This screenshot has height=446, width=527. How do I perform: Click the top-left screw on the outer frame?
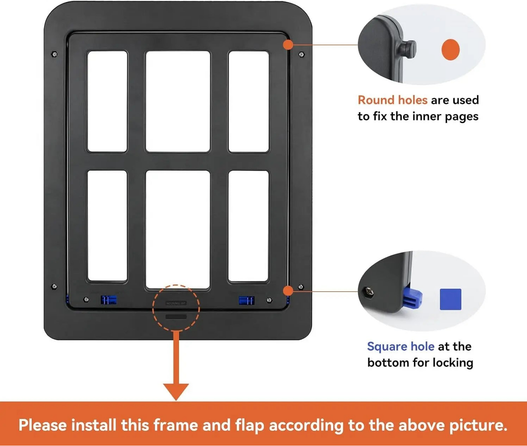(x=55, y=55)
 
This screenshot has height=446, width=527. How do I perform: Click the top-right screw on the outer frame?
(x=301, y=55)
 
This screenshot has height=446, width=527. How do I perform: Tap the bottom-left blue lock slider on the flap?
(x=108, y=300)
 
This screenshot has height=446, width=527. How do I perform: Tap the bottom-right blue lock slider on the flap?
(x=247, y=300)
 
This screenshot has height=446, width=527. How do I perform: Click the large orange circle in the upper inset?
(x=450, y=50)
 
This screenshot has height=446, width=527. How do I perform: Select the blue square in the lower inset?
(x=450, y=299)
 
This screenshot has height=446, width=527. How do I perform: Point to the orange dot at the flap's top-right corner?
(x=288, y=45)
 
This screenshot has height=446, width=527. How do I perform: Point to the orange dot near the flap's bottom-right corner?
(x=288, y=291)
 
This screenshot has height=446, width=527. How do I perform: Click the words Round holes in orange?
(x=392, y=100)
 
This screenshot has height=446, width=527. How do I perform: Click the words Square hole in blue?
(x=400, y=346)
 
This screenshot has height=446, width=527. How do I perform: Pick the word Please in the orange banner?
(x=42, y=425)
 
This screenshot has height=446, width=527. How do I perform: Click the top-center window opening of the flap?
(x=178, y=101)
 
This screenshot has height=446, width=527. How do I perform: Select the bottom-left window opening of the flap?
(x=107, y=226)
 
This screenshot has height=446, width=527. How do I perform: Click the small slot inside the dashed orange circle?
(x=176, y=317)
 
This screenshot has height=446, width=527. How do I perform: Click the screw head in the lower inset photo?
(x=368, y=292)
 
